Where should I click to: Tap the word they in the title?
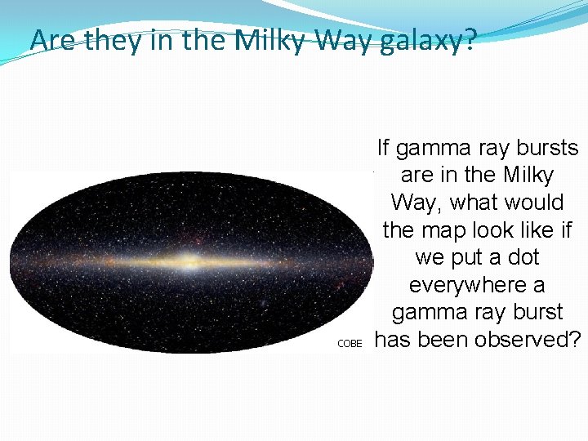(x=109, y=39)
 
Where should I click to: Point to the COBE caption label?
(x=349, y=344)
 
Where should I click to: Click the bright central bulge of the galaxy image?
(x=191, y=263)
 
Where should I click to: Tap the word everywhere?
(x=478, y=285)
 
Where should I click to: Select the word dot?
(x=523, y=257)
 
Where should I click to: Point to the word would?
(x=536, y=203)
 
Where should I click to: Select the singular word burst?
(x=535, y=312)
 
